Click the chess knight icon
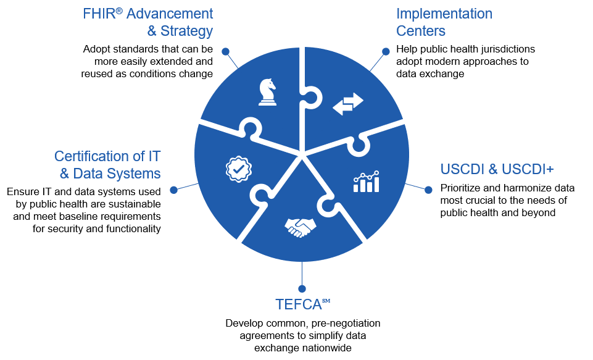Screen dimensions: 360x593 [267, 92]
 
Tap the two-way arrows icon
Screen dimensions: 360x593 [348, 104]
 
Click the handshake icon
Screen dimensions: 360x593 [301, 227]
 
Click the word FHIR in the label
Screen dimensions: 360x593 [99, 14]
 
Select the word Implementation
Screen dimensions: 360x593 [444, 14]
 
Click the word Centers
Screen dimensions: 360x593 [421, 31]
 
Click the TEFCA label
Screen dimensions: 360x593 [298, 304]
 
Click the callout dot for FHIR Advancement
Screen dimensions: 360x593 [225, 51]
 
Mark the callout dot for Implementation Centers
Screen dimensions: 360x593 [386, 51]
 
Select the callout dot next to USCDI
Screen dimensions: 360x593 [428, 190]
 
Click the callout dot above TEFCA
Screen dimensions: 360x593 [302, 288]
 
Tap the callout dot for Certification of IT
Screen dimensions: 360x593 [173, 190]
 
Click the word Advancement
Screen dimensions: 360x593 [170, 14]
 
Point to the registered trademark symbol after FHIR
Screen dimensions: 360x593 [119, 10]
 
